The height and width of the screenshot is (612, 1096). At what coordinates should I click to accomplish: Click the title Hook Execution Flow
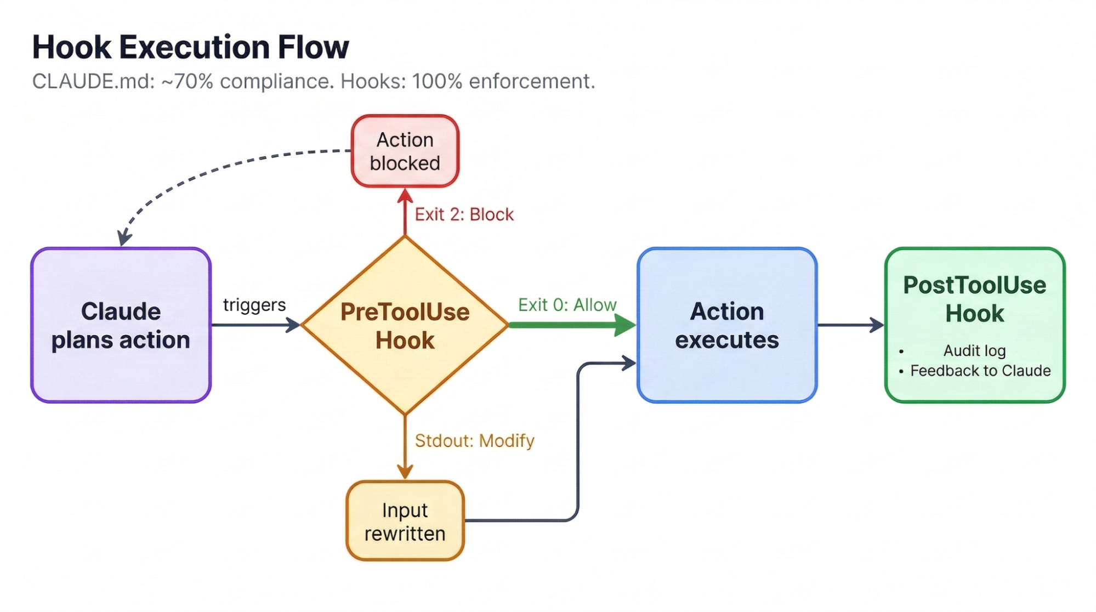click(190, 47)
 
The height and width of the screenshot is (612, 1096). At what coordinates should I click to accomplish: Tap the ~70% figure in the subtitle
click(187, 82)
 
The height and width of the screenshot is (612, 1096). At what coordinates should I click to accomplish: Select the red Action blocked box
click(405, 151)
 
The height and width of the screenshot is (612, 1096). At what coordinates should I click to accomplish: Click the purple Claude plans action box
click(121, 325)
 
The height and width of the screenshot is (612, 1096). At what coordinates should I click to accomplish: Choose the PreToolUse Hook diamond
click(405, 325)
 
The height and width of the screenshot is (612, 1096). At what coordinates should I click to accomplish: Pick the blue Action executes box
click(726, 325)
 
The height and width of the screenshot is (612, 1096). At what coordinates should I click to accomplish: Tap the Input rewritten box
click(405, 522)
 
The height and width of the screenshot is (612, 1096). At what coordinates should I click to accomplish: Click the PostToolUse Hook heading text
click(974, 299)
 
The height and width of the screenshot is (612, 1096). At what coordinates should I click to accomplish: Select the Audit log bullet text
click(974, 350)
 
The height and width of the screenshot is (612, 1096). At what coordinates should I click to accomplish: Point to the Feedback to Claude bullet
click(980, 371)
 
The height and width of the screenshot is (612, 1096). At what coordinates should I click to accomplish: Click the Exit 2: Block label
click(464, 214)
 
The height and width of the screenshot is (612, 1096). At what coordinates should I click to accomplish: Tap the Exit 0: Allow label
click(567, 305)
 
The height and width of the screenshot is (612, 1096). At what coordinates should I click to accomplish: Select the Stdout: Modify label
click(474, 441)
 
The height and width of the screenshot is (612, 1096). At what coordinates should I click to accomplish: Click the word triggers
click(254, 305)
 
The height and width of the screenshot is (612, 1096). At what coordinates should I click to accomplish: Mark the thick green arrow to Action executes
click(570, 325)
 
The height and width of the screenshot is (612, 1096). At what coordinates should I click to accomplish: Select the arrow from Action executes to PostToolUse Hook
click(850, 325)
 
